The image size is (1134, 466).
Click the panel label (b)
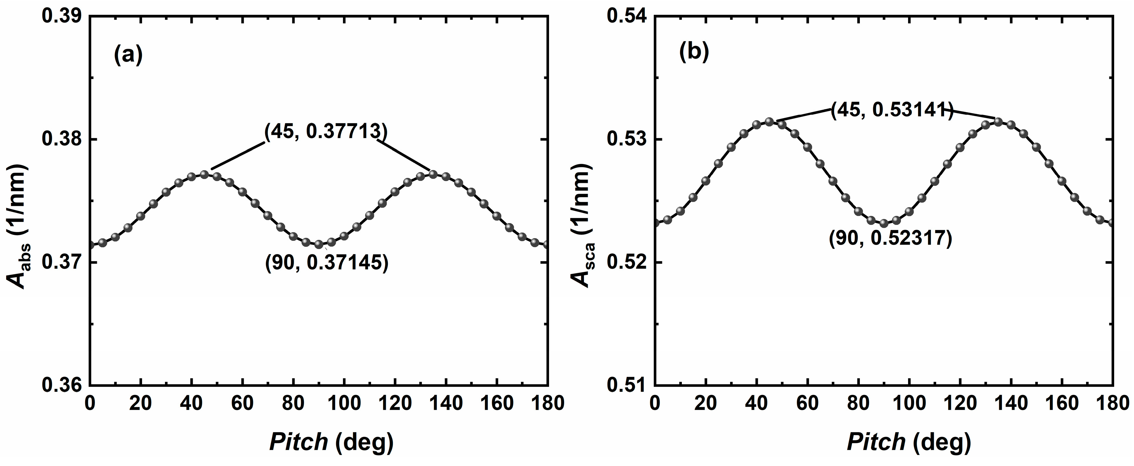[694, 52]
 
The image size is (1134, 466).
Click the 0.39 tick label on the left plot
[61, 17]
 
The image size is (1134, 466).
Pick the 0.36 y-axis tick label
[61, 385]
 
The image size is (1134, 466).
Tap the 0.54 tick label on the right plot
[626, 17]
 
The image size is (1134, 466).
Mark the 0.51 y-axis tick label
[626, 385]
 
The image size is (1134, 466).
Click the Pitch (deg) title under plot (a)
[331, 442]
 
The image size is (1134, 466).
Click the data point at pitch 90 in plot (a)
[319, 244]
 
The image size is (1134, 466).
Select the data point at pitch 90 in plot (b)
[883, 223]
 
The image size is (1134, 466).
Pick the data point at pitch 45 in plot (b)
[769, 122]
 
